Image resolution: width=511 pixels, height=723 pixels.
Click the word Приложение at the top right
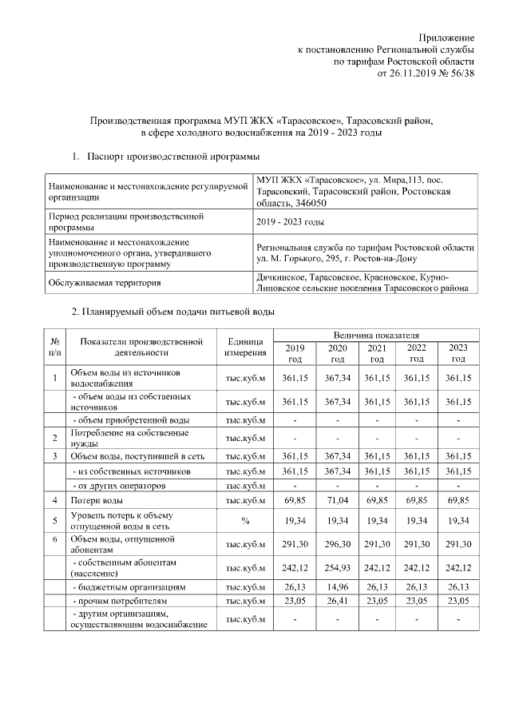pos(447,38)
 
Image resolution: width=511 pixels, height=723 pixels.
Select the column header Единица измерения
pos(245,346)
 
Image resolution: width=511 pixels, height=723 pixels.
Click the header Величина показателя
pos(375,335)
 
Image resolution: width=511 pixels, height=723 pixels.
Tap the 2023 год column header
pos(458,352)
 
